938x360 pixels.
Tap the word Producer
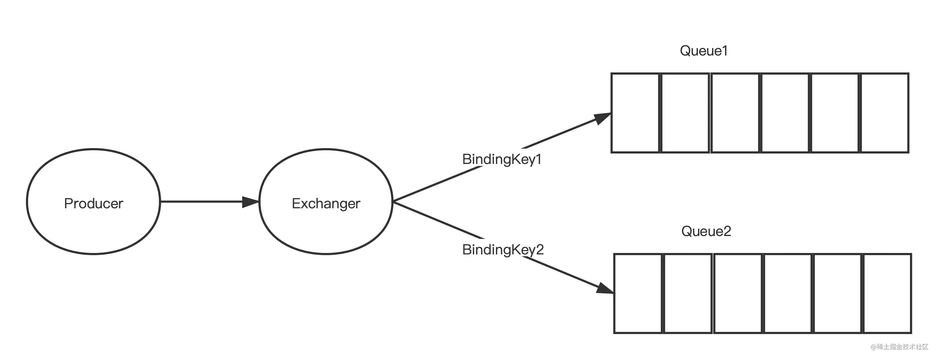point(94,204)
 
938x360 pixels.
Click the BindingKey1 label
point(502,159)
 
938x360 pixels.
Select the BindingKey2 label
point(503,250)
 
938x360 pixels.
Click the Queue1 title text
point(703,50)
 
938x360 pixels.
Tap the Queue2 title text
point(706,231)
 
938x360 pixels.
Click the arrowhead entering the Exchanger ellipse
point(250,202)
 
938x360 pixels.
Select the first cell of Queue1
point(635,113)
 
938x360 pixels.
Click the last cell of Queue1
point(884,113)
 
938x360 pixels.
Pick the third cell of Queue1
point(735,113)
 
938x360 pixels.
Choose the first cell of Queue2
point(638,293)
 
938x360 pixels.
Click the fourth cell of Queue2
point(788,293)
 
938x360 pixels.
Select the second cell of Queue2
point(688,293)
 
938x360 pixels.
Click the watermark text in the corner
point(899,347)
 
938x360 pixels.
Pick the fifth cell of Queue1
point(835,113)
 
